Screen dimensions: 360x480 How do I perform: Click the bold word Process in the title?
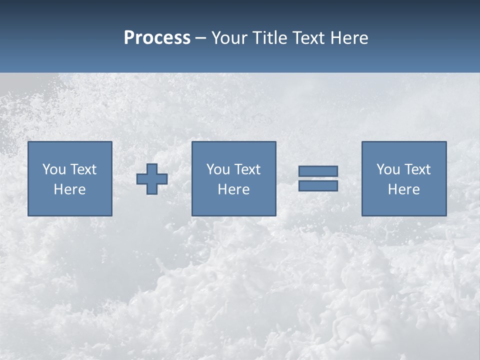(157, 38)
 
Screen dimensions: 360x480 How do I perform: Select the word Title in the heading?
(268, 38)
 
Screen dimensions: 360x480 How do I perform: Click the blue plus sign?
(152, 179)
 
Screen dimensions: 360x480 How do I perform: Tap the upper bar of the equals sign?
(318, 171)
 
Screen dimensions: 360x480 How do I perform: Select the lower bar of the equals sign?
(318, 185)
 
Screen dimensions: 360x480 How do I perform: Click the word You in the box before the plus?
(54, 169)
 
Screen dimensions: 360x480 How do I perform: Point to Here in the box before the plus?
(70, 189)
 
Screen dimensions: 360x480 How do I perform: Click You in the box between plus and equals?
(218, 169)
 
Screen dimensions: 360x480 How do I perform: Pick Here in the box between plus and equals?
(234, 189)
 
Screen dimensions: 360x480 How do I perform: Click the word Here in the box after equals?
(404, 189)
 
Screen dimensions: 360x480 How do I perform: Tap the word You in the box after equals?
(388, 169)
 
